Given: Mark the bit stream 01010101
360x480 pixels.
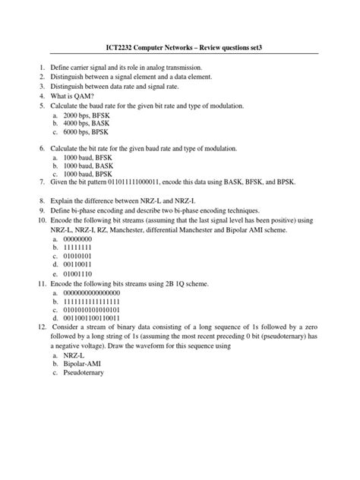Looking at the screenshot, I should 80,261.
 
